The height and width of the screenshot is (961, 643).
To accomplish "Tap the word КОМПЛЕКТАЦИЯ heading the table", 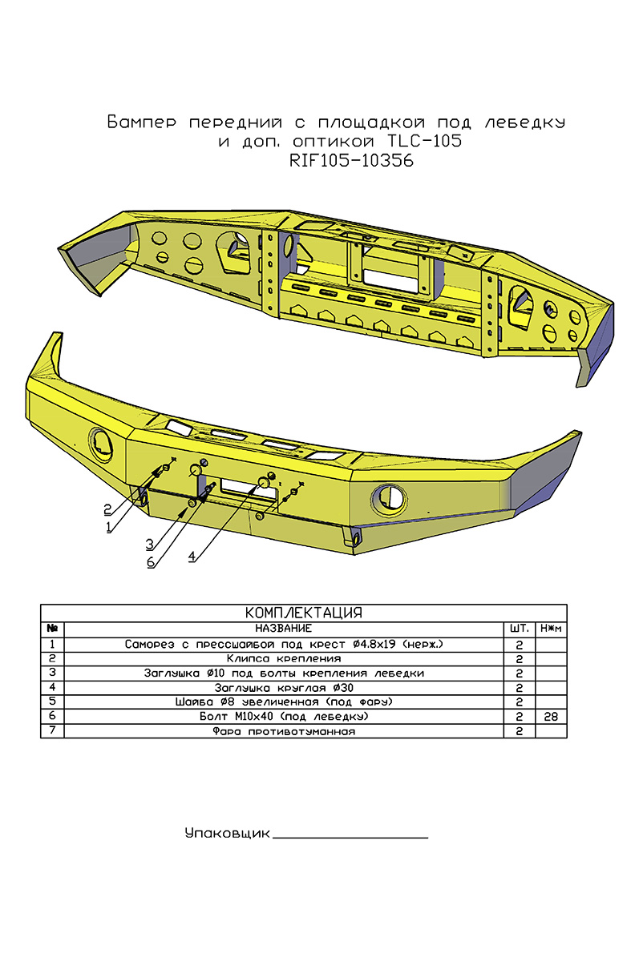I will (x=303, y=613).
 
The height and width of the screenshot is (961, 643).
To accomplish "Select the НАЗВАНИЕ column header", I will (x=284, y=629).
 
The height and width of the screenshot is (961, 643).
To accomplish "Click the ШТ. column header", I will (x=519, y=629).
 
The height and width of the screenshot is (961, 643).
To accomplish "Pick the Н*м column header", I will (x=551, y=629).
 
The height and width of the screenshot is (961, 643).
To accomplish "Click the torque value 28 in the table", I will (x=551, y=716).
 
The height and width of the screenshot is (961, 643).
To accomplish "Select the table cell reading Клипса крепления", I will (x=284, y=658).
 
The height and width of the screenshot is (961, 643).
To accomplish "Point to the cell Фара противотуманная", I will (x=284, y=731).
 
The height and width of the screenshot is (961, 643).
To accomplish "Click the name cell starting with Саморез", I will (x=284, y=644).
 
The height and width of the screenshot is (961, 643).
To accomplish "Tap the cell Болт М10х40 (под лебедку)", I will (x=284, y=716).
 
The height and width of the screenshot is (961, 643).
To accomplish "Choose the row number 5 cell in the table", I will (x=52, y=702).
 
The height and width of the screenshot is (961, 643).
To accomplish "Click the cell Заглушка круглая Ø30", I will (x=284, y=687).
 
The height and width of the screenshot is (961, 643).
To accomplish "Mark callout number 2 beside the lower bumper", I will (x=107, y=509).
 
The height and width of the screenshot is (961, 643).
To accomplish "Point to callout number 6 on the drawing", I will (x=150, y=562).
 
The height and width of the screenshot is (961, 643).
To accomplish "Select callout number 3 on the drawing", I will (x=149, y=544).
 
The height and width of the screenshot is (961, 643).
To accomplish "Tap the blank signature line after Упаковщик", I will (x=350, y=838).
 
